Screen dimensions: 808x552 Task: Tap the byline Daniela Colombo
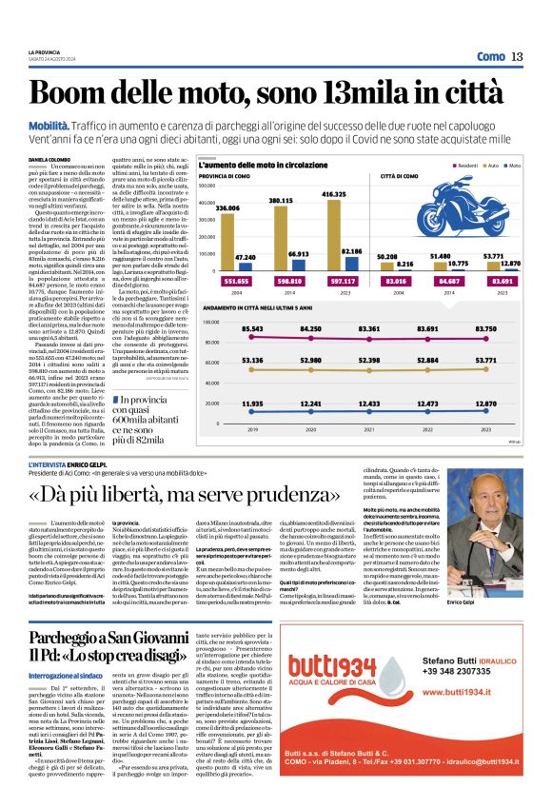tap(49, 160)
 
